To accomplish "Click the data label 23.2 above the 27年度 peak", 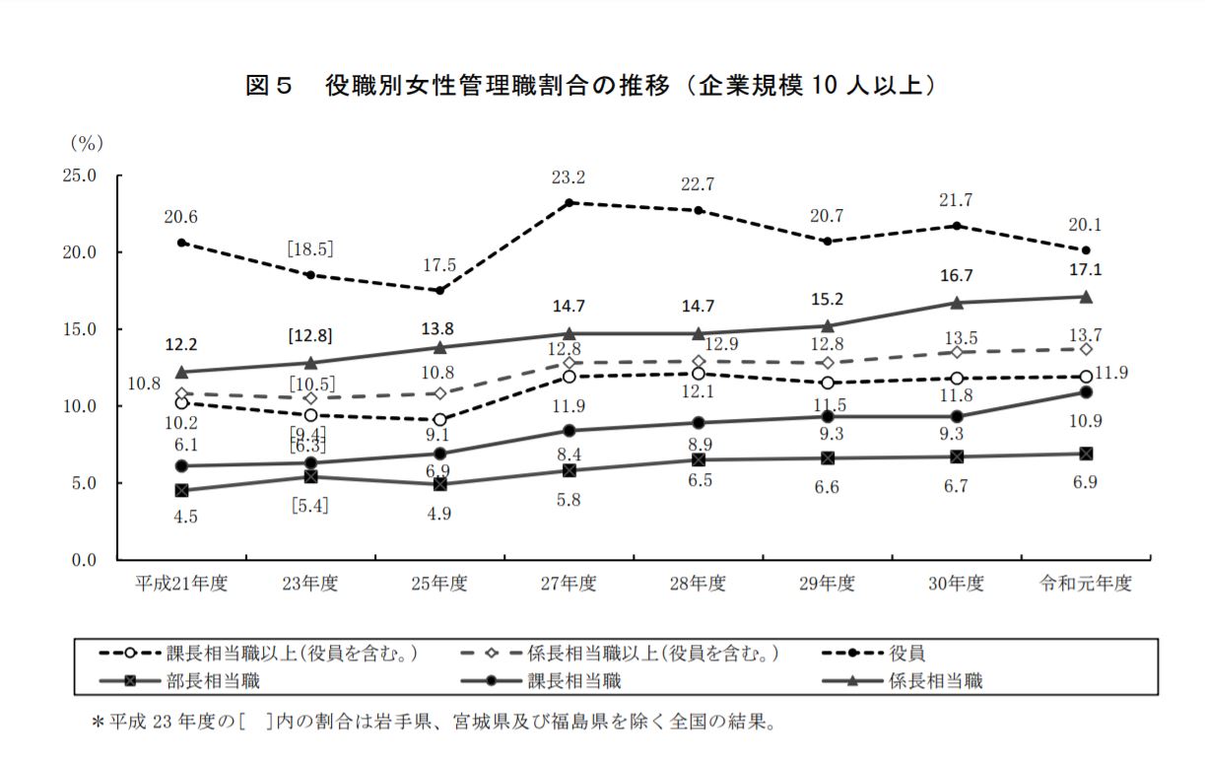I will click(569, 178).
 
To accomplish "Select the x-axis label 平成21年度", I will click(182, 583).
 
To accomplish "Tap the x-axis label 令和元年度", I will click(1086, 583).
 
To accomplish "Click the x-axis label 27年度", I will click(569, 583).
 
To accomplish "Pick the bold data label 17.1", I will click(1086, 269).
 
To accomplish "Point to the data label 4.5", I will click(183, 516).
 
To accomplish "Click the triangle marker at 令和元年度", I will click(1086, 297).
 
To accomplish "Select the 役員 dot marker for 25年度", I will click(440, 290).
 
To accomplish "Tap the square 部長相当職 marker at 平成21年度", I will click(182, 490).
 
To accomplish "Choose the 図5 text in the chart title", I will click(269, 87).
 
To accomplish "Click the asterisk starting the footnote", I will click(99, 723).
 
